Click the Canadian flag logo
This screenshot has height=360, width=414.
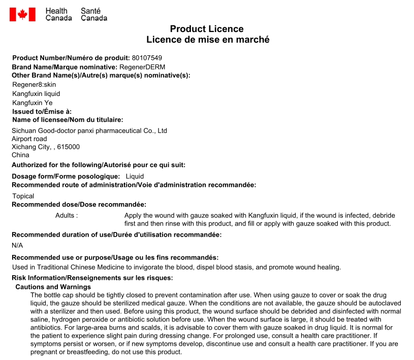click(x=22, y=14)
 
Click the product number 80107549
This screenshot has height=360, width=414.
click(x=147, y=58)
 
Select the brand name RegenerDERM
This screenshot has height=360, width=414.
click(x=142, y=67)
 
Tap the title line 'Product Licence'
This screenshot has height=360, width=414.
click(x=207, y=29)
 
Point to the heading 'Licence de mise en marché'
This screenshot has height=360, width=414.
click(x=208, y=40)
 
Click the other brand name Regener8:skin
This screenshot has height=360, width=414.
click(x=34, y=84)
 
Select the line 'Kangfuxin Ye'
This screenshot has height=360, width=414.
click(x=33, y=103)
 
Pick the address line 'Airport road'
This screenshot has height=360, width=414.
click(x=29, y=139)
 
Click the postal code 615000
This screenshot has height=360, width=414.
click(x=69, y=147)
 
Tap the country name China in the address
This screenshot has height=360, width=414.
click(x=21, y=155)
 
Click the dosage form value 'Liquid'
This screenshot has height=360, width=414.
click(x=135, y=176)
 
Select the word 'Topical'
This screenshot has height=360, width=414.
click(x=23, y=196)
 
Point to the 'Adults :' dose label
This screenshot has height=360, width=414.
click(x=67, y=215)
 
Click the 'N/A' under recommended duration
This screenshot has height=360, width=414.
click(x=17, y=245)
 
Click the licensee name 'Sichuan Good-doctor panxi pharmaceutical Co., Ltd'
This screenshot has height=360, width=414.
click(x=89, y=130)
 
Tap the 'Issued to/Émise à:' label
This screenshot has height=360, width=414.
click(x=42, y=111)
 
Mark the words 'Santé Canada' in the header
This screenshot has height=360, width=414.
click(x=94, y=14)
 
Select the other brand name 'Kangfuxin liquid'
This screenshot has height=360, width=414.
click(x=36, y=93)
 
